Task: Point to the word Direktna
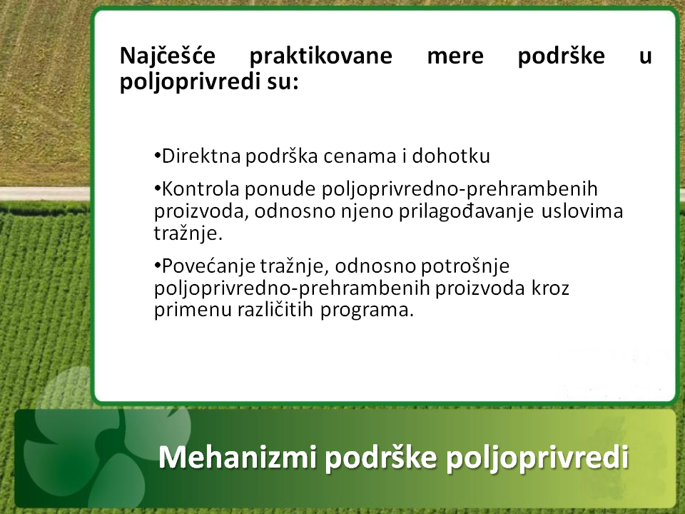coord(201,156)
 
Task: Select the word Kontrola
coord(201,189)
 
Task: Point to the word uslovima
coord(582,211)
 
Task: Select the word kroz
coord(550,288)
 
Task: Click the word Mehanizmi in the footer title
coord(237,458)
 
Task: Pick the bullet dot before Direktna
coord(157,156)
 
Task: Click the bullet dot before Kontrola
coord(157,188)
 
